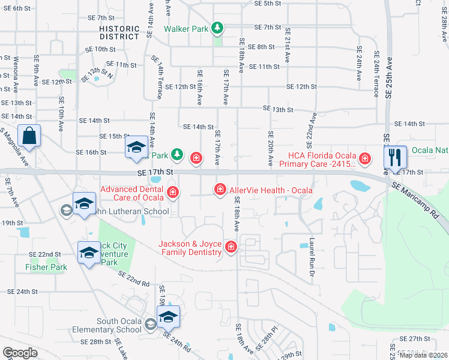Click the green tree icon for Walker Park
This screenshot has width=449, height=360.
click(218, 28)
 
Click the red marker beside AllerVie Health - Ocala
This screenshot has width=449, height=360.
click(220, 190)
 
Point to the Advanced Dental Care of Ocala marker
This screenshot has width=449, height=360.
click(173, 192)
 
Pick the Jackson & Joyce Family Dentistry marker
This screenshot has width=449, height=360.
click(231, 247)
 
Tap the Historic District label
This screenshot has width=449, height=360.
click(119, 32)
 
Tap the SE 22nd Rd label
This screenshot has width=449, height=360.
click(133, 279)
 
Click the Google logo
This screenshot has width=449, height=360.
click(20, 353)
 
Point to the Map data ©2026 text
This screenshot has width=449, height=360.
click(423, 355)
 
